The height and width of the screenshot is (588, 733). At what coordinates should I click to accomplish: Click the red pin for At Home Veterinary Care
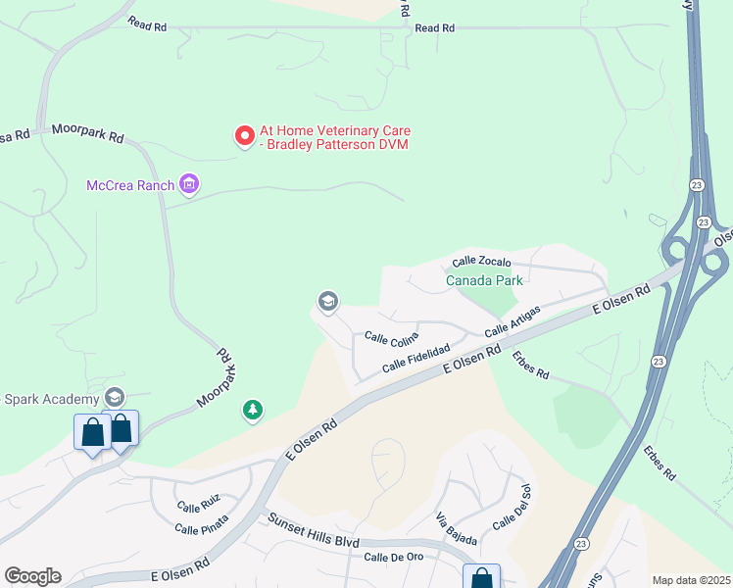pos(244,136)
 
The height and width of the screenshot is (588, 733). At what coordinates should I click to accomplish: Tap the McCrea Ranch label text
pos(130,185)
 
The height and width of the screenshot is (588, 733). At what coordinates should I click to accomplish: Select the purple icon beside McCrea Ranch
pos(190,184)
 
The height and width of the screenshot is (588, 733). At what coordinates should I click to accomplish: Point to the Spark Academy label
pos(52,399)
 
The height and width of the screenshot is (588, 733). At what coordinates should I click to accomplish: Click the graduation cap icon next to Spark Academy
pos(115,397)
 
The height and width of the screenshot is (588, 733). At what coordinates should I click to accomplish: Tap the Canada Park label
pos(485,280)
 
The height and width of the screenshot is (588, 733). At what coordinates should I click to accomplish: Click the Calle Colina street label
pos(392,338)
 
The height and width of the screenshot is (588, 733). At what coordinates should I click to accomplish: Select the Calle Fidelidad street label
pos(415,357)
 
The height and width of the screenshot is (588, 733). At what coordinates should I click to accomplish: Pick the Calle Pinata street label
pos(201,528)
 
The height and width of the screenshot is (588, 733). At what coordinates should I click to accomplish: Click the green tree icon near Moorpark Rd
pos(254,411)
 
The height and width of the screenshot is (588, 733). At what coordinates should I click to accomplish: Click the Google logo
pos(32,576)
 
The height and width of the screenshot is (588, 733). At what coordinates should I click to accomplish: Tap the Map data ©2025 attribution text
pos(691,580)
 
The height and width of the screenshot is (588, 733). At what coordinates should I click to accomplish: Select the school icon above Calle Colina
pos(328,301)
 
